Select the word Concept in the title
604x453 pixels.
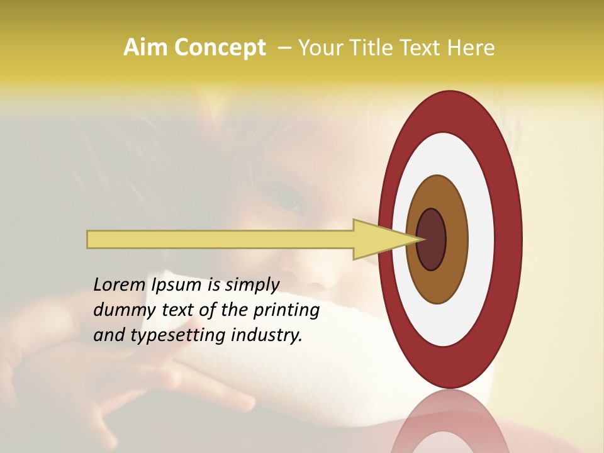coord(219,48)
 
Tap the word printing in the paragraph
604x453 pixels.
coord(286,310)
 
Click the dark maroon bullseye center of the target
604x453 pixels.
coord(432,240)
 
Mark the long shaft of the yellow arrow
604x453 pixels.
coord(220,240)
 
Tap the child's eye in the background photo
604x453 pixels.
coord(286,199)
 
